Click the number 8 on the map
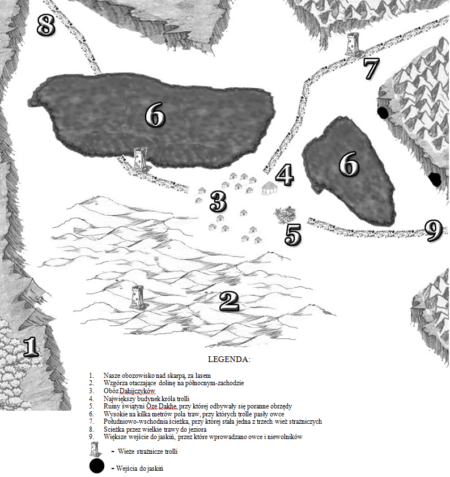pyautogui.click(x=46, y=25)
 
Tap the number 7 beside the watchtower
pyautogui.click(x=371, y=69)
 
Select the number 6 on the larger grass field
pyautogui.click(x=155, y=114)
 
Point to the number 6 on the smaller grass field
pyautogui.click(x=349, y=164)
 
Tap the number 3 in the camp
pyautogui.click(x=218, y=201)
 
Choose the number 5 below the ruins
pyautogui.click(x=293, y=234)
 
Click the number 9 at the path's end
pyautogui.click(x=433, y=231)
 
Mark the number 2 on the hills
pyautogui.click(x=230, y=301)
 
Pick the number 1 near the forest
pyautogui.click(x=31, y=346)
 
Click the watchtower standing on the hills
pyautogui.click(x=137, y=297)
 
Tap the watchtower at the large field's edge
pyautogui.click(x=140, y=159)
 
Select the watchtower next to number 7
pyautogui.click(x=353, y=44)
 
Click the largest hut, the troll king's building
pyautogui.click(x=270, y=188)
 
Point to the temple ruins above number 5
pyautogui.click(x=285, y=215)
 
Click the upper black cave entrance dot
pyautogui.click(x=383, y=113)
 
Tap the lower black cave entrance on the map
pyautogui.click(x=435, y=180)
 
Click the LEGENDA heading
pyautogui.click(x=229, y=359)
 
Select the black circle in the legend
pyautogui.click(x=97, y=466)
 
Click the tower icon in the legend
pyautogui.click(x=96, y=449)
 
